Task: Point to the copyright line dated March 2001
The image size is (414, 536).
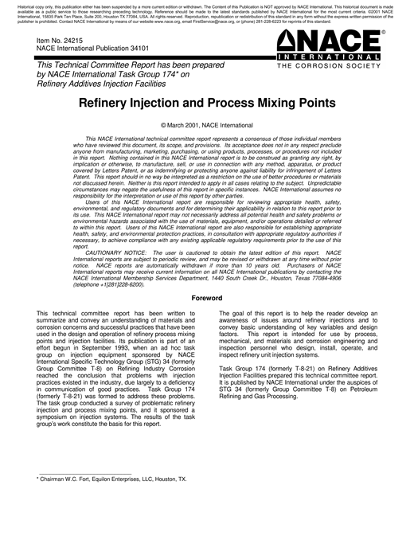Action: (x=206, y=126)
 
